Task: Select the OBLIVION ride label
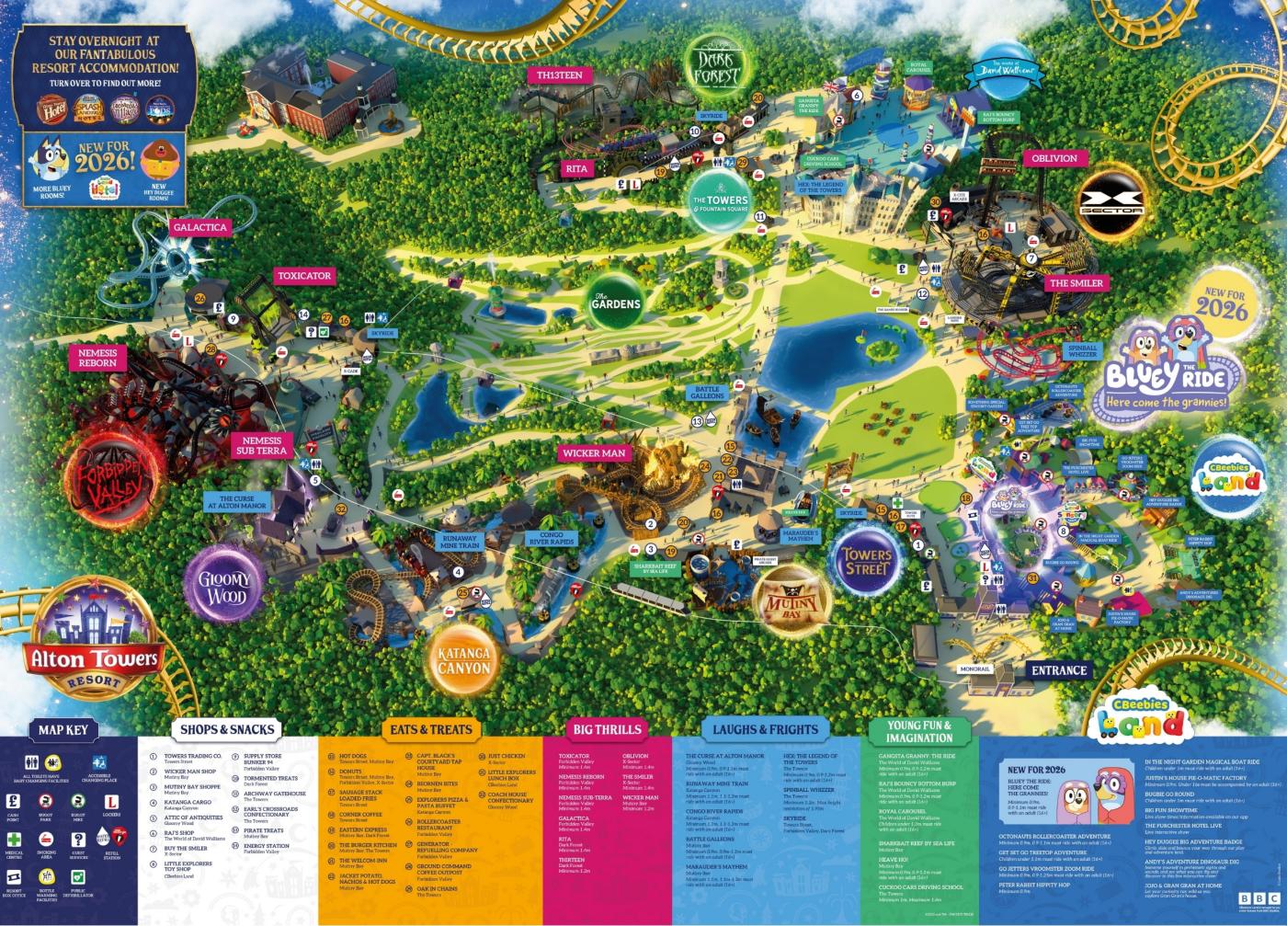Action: click(x=1054, y=158)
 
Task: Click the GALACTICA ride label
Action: click(x=199, y=228)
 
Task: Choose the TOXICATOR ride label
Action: click(x=304, y=276)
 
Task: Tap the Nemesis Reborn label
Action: click(x=97, y=357)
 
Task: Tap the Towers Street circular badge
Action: click(x=867, y=562)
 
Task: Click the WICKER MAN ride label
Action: click(x=594, y=453)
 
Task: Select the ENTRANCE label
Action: click(x=1058, y=670)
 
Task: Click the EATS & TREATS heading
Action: click(x=430, y=729)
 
